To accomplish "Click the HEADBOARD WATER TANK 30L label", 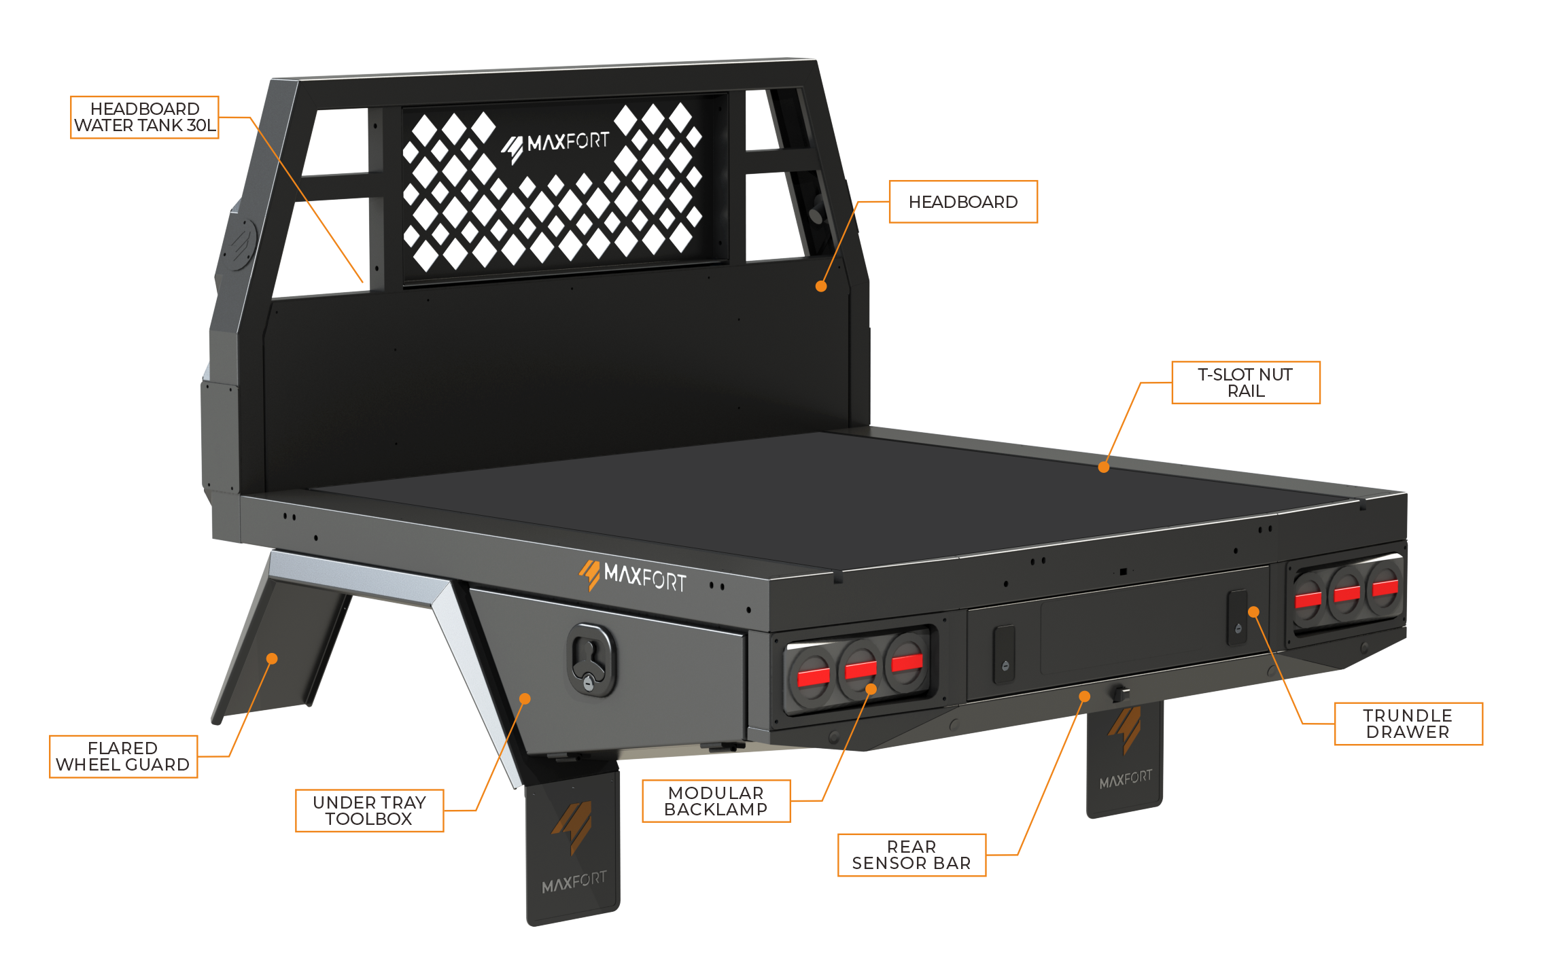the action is (145, 118).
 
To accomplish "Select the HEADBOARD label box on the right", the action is (963, 202).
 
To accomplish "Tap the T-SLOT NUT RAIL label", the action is (1246, 383).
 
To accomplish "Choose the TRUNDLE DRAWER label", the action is (1408, 724).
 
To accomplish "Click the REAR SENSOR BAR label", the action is (911, 855).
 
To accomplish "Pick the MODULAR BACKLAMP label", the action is (716, 801).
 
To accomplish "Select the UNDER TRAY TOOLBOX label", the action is (369, 811).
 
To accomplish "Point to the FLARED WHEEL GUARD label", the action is (123, 756).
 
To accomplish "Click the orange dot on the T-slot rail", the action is (1104, 467).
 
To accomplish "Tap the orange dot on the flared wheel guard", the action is (272, 658).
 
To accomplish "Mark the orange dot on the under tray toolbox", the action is (525, 698).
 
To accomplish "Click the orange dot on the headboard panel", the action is (821, 286).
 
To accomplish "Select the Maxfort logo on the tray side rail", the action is (632, 576).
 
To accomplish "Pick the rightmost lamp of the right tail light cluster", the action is (1385, 586).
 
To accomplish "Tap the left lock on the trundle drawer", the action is (1005, 654).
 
